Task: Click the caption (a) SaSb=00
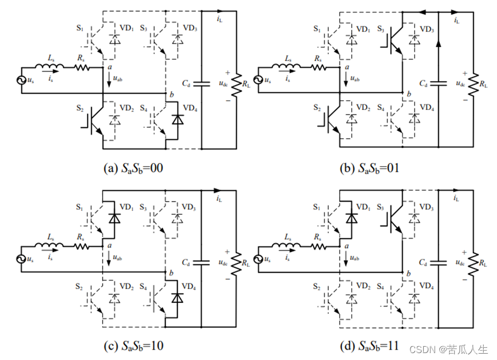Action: [x=133, y=168]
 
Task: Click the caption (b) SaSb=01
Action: [x=370, y=168]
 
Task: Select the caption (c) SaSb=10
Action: [x=133, y=346]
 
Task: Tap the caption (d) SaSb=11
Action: [x=370, y=346]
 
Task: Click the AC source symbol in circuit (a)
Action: [x=22, y=80]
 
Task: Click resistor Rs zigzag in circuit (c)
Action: [x=82, y=246]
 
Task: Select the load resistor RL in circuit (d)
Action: [x=473, y=262]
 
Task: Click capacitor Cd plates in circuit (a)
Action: [x=202, y=84]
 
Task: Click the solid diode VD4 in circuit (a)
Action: [x=178, y=120]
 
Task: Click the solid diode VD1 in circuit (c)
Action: [x=114, y=218]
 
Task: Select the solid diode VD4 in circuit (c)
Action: [x=177, y=298]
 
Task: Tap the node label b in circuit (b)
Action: [x=409, y=94]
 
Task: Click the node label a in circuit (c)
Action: [x=110, y=245]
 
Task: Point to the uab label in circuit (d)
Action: [x=355, y=257]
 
